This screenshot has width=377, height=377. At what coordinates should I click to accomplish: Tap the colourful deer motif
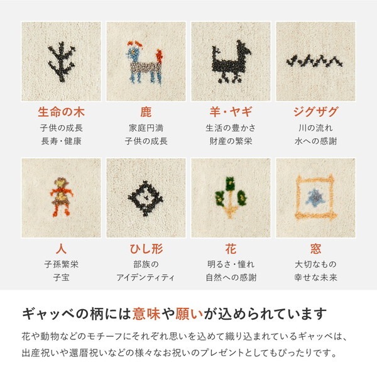point(145,63)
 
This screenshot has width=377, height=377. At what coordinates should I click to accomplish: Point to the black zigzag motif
point(315,61)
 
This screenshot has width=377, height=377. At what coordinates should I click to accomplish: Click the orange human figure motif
point(61,196)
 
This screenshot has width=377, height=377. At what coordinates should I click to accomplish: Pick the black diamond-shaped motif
point(145,198)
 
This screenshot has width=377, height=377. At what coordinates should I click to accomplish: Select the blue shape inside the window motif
point(315,197)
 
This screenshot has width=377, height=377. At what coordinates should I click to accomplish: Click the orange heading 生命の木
point(61,112)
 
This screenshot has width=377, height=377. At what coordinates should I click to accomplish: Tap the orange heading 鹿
point(146,112)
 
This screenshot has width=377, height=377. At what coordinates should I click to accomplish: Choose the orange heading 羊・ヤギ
point(231,112)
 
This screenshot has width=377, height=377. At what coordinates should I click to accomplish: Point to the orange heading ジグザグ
point(315,112)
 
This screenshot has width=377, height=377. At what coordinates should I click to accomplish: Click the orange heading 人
point(61,249)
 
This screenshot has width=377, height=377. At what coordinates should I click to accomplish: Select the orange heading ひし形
point(146,249)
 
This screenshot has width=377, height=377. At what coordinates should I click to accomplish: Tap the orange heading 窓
point(315,249)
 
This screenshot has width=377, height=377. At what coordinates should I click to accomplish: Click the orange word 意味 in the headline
point(146,314)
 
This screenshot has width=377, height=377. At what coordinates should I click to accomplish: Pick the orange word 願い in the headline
point(189,314)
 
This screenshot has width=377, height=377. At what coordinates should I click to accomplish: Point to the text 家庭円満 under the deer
point(146,128)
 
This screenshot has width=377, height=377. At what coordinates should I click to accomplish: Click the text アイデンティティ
point(145,278)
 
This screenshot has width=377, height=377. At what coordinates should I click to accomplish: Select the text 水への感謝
point(315,141)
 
